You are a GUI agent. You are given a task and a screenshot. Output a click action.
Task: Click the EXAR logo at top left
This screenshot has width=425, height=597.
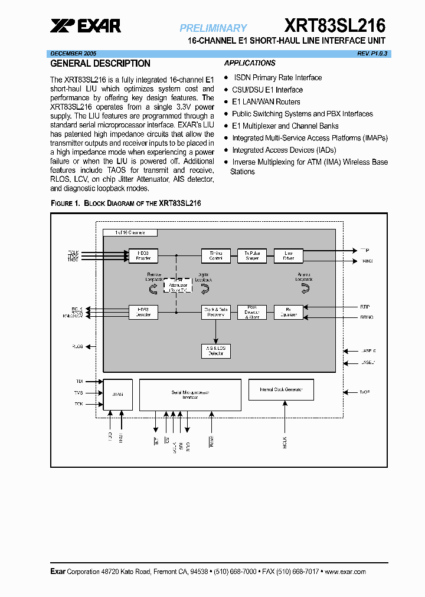coord(86,25)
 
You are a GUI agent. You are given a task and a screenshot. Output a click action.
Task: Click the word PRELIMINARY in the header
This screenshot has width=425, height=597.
coord(213,28)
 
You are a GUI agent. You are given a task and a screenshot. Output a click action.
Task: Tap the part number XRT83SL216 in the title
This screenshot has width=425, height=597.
coord(335,25)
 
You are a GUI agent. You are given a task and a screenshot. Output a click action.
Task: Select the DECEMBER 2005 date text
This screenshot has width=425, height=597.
coord(73,53)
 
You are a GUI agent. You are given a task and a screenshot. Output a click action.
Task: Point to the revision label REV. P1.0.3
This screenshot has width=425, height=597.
coord(372,53)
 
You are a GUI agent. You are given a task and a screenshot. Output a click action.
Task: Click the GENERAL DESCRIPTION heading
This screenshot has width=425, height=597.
coord(100,64)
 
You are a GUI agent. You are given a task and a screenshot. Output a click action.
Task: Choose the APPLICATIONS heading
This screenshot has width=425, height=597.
coord(250,63)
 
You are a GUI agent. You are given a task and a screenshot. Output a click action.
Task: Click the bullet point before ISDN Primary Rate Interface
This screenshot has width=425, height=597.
coord(226,78)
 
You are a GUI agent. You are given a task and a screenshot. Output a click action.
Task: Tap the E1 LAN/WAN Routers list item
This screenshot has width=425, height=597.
coord(266,102)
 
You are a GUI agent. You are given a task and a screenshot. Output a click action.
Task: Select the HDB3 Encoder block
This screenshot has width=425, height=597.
coord(143,255)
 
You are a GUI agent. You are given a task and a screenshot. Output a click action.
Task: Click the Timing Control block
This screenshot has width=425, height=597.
coord(215,255)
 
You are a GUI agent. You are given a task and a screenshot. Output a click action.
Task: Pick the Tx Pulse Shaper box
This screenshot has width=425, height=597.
coord(252,255)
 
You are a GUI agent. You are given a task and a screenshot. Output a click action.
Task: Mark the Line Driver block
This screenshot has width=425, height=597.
coord(288,255)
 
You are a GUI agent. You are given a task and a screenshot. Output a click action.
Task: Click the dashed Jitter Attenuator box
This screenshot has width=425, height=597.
coord(177,286)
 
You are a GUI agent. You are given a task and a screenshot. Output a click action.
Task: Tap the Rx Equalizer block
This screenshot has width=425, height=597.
coord(288,312)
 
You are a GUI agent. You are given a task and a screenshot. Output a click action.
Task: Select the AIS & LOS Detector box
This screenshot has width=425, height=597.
coord(215,350)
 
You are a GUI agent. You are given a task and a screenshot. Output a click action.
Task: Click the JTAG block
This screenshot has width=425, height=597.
coord(118,394)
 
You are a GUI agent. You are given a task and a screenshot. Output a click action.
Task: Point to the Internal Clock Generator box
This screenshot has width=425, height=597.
coord(281,389)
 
